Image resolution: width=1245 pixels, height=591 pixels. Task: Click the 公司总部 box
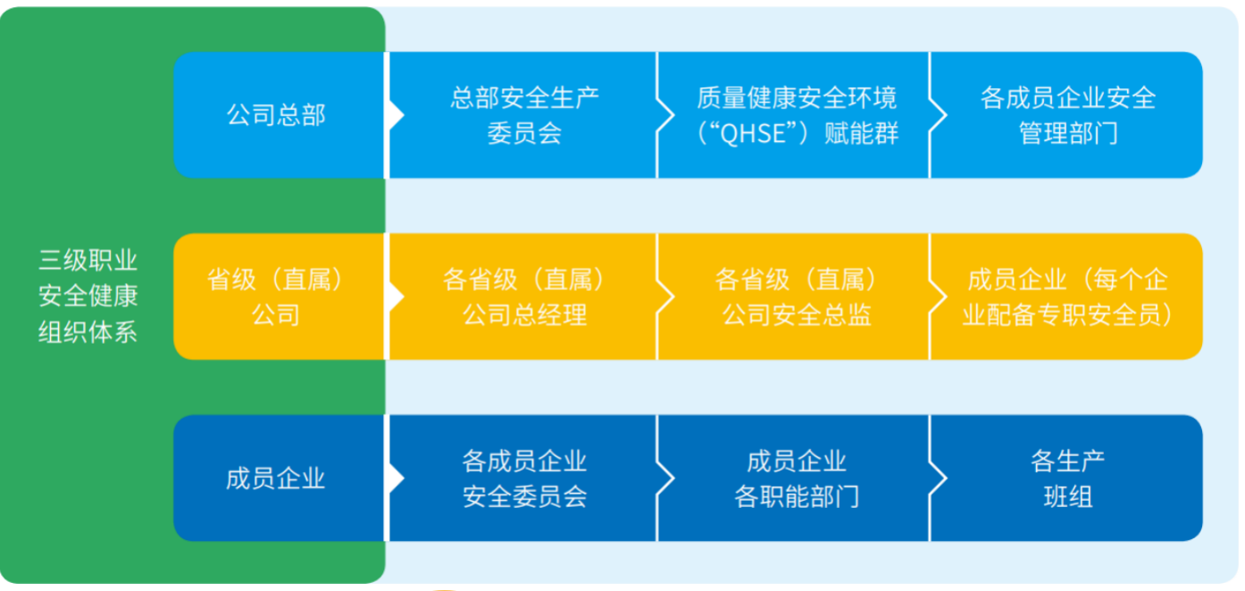click(x=279, y=115)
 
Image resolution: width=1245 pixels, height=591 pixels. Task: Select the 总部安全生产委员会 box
click(x=523, y=115)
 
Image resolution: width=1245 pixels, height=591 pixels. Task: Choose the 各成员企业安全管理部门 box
click(x=1067, y=115)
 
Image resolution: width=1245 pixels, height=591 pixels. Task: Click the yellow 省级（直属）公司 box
click(x=279, y=296)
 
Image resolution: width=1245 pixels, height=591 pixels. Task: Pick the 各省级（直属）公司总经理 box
click(x=523, y=296)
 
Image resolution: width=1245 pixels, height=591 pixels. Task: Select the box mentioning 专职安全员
click(x=1067, y=296)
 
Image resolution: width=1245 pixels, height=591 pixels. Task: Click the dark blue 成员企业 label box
click(x=279, y=479)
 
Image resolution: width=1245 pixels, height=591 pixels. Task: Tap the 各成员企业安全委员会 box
click(x=523, y=479)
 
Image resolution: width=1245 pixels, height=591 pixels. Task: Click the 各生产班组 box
click(x=1067, y=479)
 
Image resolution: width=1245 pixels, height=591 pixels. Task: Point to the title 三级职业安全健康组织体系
click(x=88, y=296)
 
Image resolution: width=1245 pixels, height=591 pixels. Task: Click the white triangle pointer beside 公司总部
click(x=396, y=115)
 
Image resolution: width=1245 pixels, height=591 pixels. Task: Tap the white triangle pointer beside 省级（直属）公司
click(x=396, y=296)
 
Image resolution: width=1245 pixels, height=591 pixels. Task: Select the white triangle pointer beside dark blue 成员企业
click(x=396, y=479)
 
